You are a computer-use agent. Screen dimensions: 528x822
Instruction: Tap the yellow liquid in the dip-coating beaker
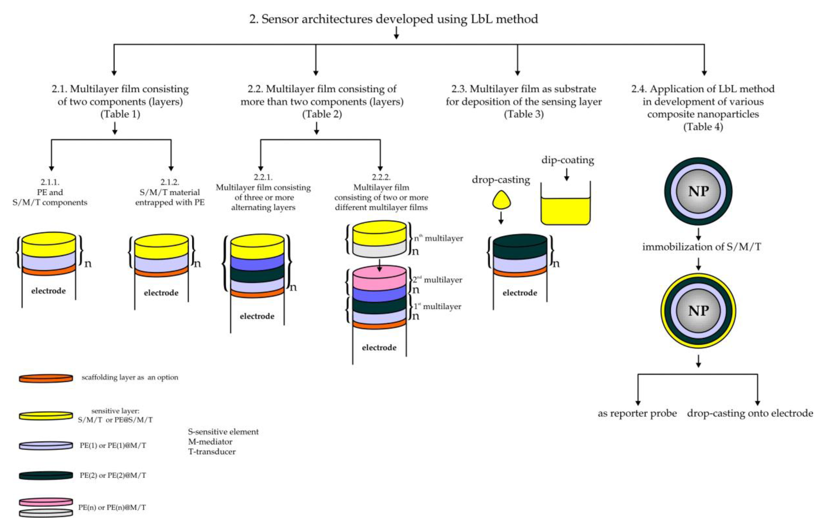click(x=565, y=211)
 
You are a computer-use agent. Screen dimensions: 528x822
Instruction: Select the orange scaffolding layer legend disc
click(x=46, y=378)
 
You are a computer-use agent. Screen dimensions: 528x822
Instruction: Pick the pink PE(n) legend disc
click(x=46, y=502)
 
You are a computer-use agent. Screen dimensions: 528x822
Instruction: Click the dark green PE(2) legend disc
click(x=46, y=475)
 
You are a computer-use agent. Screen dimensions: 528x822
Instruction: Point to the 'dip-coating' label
click(x=568, y=160)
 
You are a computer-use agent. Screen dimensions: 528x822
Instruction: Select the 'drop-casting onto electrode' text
click(x=750, y=413)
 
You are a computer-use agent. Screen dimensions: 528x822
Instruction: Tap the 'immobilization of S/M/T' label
click(x=701, y=247)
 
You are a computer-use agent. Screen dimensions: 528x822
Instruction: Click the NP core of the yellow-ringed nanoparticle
click(x=698, y=311)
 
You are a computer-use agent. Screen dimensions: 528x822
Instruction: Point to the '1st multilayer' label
click(x=437, y=306)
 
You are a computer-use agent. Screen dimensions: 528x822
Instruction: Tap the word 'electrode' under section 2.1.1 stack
click(x=48, y=291)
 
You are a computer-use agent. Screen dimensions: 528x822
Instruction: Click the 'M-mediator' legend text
click(x=210, y=442)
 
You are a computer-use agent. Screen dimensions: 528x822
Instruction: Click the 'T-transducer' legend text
click(x=212, y=452)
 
